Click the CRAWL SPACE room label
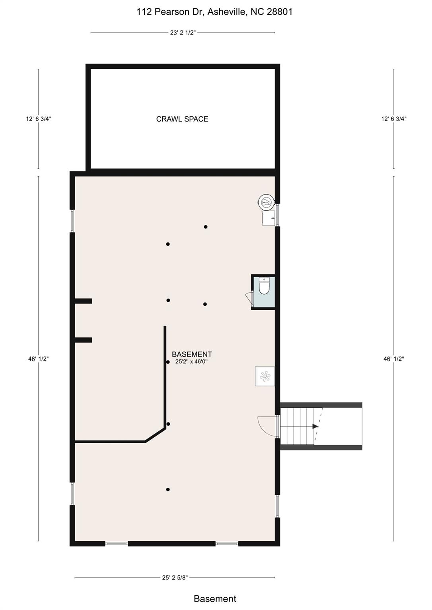pos(182,119)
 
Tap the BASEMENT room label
pos(192,354)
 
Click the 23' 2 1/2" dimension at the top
pos(183,33)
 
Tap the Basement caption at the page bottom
pos(215,598)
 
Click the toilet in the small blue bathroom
pos(264,286)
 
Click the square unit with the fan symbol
pos(265,376)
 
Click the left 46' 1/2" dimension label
pos(39,359)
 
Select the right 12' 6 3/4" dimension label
pos(394,119)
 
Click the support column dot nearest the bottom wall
pos(168,489)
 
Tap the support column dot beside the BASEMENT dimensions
pos(168,362)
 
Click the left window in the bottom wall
pos(117,544)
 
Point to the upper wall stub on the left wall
pos(83,301)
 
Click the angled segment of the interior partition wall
pos(156,435)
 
